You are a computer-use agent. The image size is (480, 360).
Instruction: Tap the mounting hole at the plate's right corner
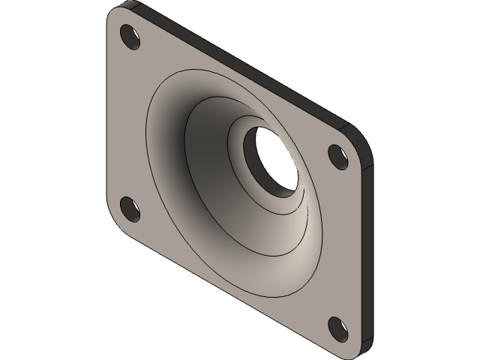click(337, 156)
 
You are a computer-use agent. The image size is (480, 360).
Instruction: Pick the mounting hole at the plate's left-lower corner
click(130, 208)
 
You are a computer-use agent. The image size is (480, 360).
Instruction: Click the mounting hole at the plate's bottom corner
click(337, 327)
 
